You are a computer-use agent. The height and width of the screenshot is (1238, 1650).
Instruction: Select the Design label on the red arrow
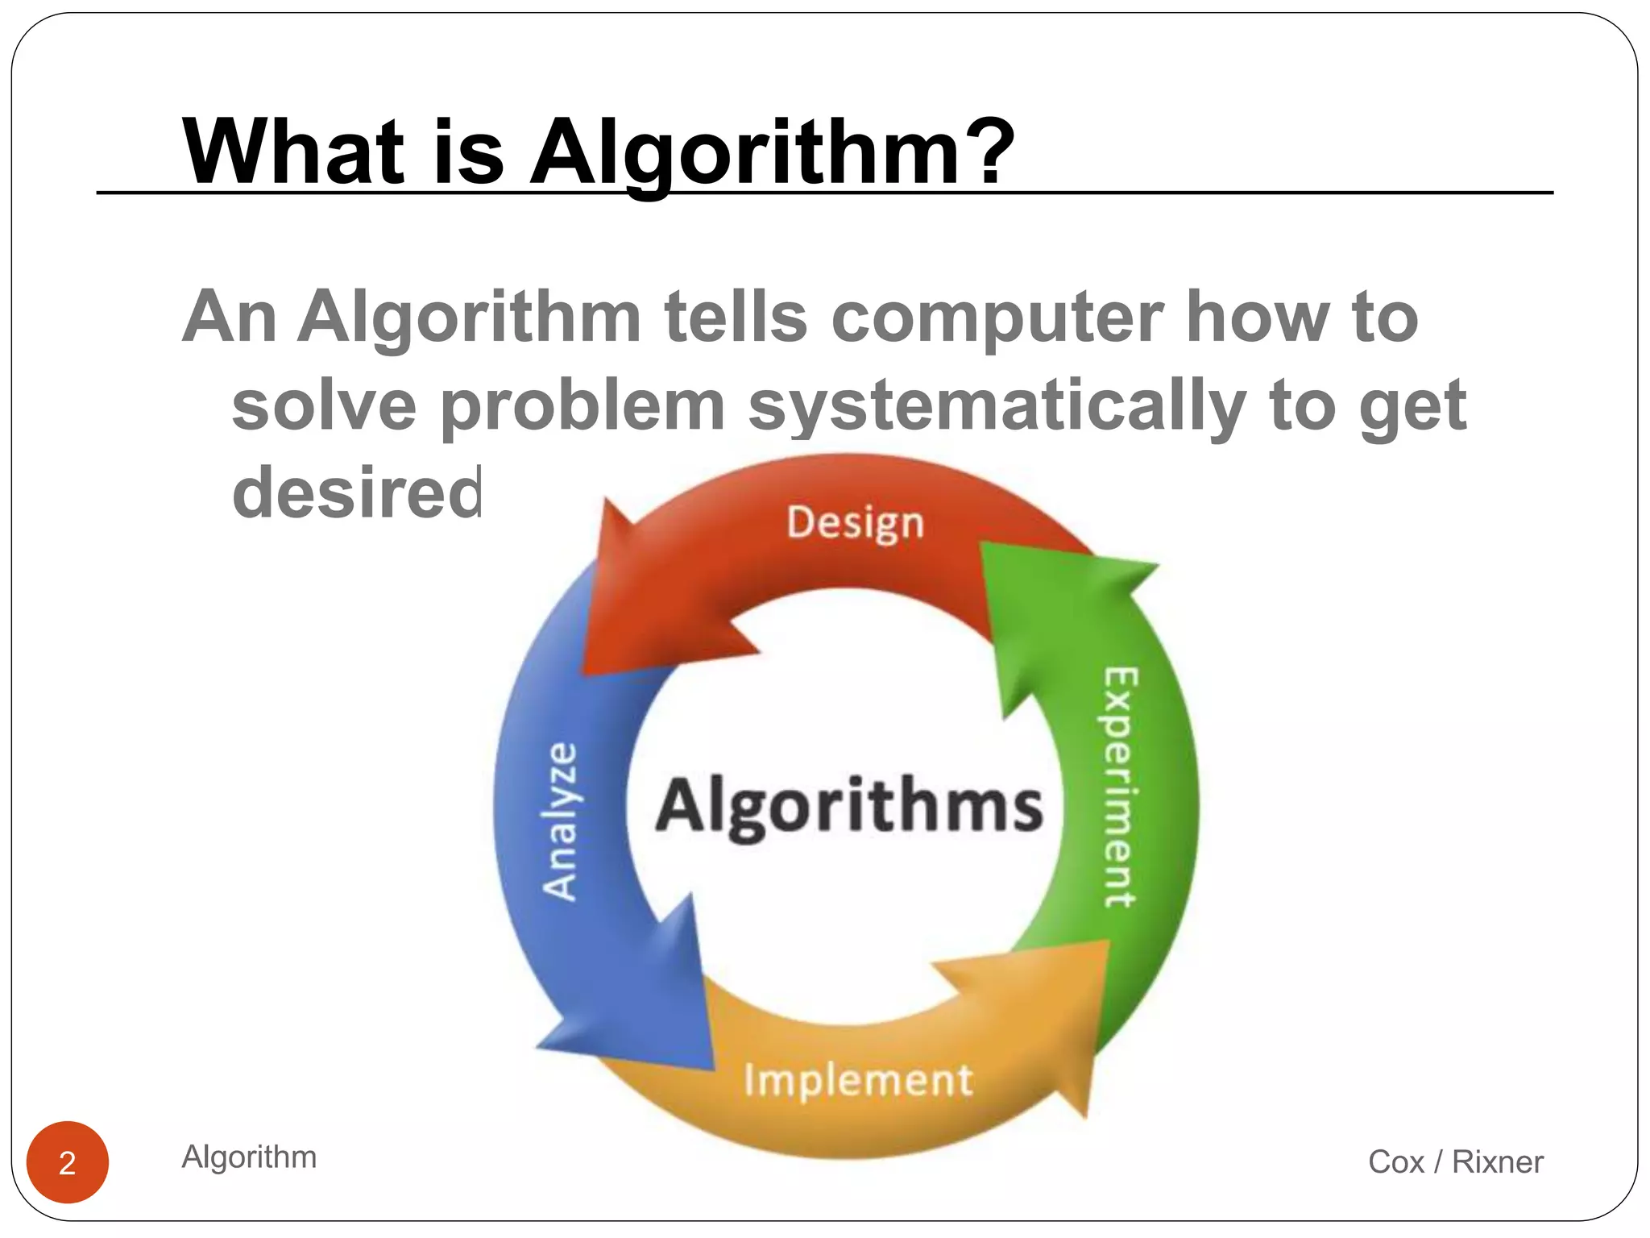pyautogui.click(x=855, y=523)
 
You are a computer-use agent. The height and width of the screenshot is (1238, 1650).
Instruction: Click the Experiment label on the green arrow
pyautogui.click(x=1120, y=787)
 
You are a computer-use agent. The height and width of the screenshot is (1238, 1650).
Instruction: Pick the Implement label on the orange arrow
pyautogui.click(x=858, y=1080)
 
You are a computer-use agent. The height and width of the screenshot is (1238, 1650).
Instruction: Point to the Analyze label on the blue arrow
pyautogui.click(x=560, y=820)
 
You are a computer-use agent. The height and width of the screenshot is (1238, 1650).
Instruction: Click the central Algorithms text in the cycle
pyautogui.click(x=849, y=807)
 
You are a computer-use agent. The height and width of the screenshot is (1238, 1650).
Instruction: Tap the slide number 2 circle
pyautogui.click(x=68, y=1162)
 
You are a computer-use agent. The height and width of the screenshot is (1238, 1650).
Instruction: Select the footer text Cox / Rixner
pyautogui.click(x=1455, y=1161)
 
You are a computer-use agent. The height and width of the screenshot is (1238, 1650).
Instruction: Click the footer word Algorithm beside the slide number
pyautogui.click(x=249, y=1157)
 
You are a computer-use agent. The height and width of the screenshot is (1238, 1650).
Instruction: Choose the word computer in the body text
pyautogui.click(x=997, y=318)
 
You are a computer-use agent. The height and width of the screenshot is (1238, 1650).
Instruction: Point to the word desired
pyautogui.click(x=357, y=492)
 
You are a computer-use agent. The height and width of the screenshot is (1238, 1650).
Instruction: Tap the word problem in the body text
pyautogui.click(x=582, y=405)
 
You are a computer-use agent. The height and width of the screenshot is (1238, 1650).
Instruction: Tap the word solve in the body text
pyautogui.click(x=324, y=405)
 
